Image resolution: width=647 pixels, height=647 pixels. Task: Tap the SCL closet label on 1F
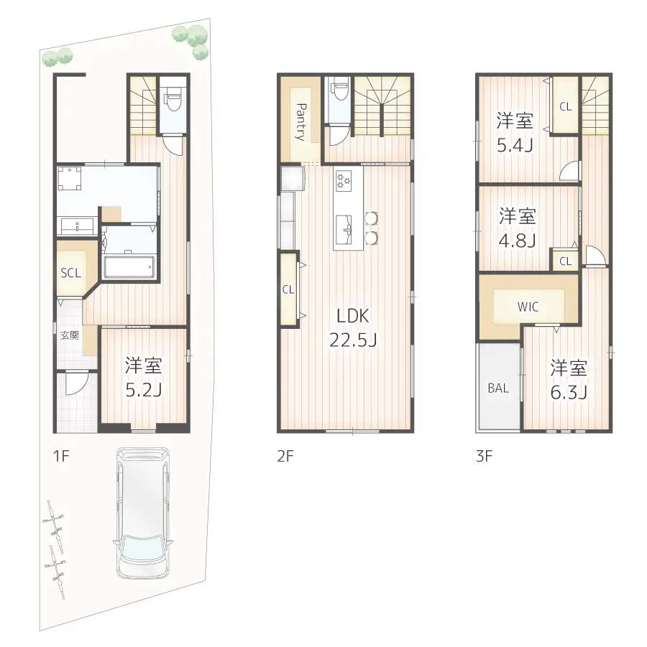pos(70,273)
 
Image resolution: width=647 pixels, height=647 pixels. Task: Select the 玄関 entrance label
pos(69,335)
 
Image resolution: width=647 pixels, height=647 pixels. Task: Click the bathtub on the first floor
pos(129,266)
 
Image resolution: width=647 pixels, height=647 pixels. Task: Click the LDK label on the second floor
pos(354,315)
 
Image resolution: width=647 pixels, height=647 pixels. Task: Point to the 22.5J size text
pos(354,340)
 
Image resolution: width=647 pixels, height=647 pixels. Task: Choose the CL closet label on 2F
pos(288,290)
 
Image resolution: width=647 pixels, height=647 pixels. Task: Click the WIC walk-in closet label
pos(528,307)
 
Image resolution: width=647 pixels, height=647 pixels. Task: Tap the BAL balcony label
pos(498,388)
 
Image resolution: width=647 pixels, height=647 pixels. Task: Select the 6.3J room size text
pos(569,393)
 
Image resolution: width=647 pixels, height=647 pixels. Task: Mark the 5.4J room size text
pos(515,145)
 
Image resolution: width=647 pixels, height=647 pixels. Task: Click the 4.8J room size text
pos(518,240)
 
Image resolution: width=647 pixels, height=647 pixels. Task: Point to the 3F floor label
pos(484,456)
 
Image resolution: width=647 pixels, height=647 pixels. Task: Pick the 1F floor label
pos(60,456)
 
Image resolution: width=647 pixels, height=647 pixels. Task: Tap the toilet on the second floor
pos(339,96)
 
